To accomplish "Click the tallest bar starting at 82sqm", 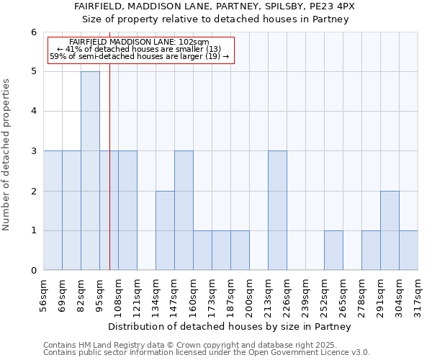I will (90, 171).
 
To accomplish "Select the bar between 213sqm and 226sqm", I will (277, 210).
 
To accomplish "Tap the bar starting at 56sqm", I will (53, 210).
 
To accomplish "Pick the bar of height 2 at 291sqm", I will (390, 230).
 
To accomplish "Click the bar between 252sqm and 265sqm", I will (333, 251).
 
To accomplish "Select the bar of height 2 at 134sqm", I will (165, 230).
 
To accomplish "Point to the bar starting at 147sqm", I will (184, 210).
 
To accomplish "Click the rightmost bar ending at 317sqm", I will (408, 251).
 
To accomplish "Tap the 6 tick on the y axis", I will (33, 32).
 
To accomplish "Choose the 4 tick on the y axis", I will (33, 112).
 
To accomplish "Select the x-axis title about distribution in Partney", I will (230, 326).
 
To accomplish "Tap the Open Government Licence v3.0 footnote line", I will (207, 353).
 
